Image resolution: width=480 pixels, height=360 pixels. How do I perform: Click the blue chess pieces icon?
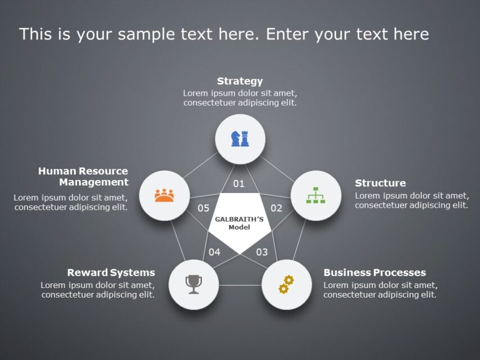[240, 138]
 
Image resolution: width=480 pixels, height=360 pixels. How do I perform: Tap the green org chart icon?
[316, 195]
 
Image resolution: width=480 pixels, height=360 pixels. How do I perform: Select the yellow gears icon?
[286, 284]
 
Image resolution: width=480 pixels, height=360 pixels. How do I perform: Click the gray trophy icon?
[194, 284]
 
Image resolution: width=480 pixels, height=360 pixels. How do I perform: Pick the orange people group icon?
[164, 195]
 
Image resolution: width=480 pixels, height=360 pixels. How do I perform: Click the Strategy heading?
[240, 81]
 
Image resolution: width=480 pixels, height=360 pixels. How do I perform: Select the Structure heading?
[380, 183]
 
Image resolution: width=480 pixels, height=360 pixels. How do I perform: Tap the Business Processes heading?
[374, 273]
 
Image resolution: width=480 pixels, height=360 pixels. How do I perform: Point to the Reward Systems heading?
[111, 273]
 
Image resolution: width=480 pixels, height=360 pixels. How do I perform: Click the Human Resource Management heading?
[83, 177]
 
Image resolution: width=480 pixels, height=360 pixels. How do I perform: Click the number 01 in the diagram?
[239, 184]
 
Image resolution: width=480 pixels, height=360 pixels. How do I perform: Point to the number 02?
[276, 208]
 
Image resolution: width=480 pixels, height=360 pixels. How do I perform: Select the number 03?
[262, 252]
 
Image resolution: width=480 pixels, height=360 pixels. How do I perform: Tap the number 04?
[214, 252]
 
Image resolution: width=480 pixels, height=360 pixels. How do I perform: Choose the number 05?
[203, 208]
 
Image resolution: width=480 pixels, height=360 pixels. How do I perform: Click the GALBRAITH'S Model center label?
[239, 223]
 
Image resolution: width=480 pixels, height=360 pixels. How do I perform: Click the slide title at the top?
[224, 34]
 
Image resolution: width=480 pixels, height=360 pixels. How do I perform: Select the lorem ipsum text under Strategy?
[240, 98]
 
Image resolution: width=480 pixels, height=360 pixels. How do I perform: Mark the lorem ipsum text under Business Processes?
[380, 290]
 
